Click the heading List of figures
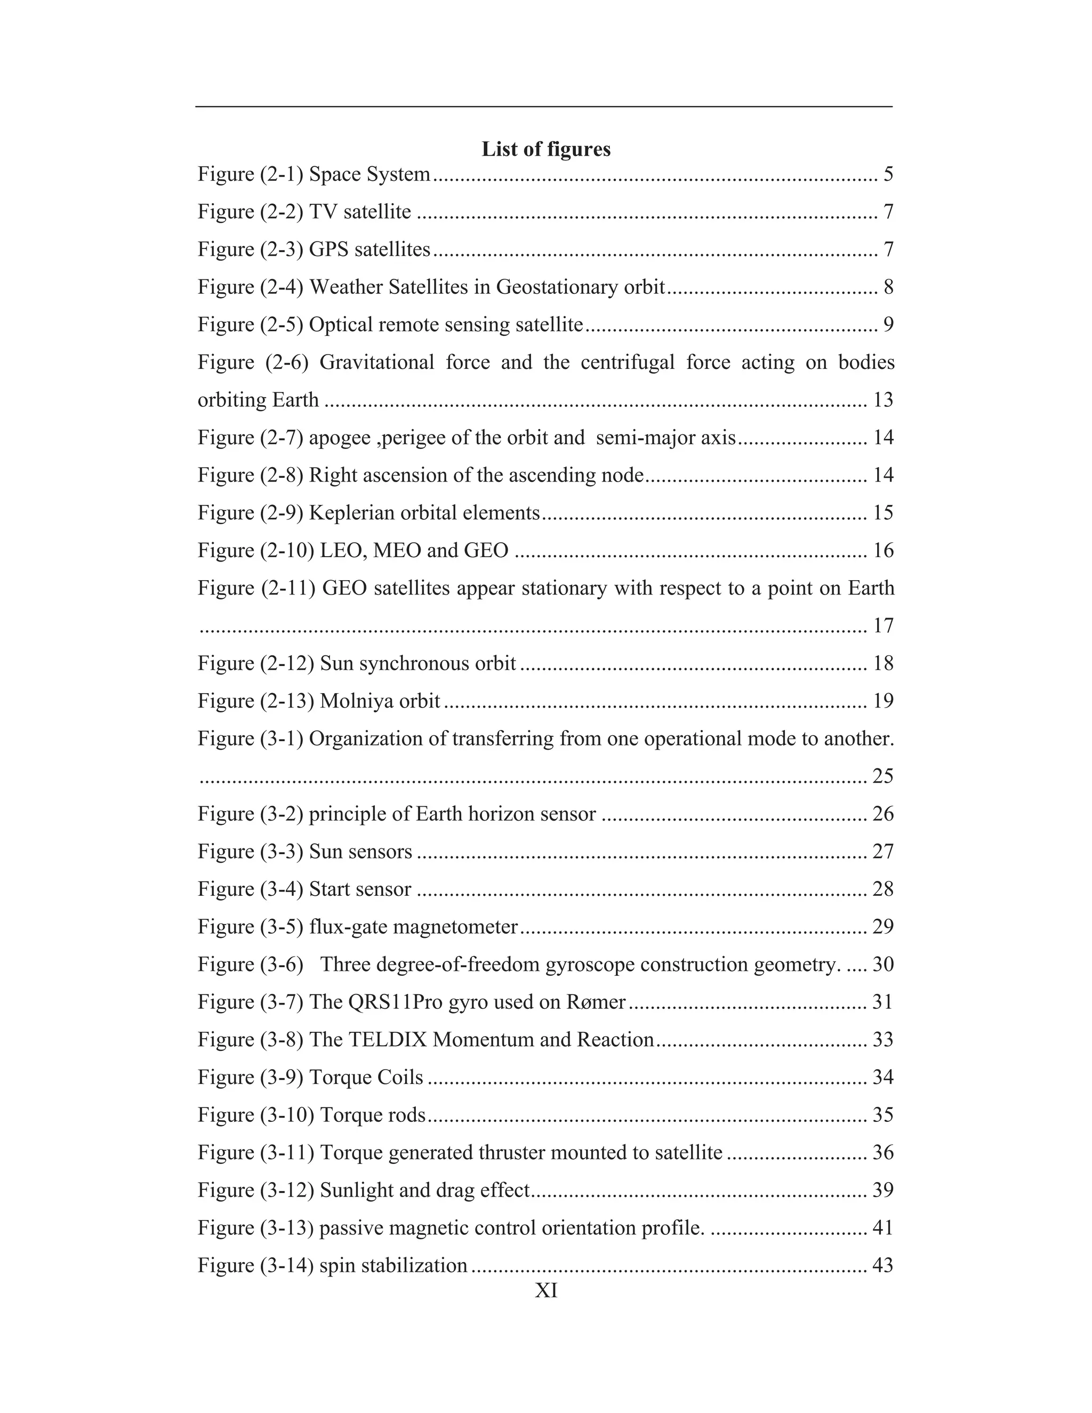(546, 149)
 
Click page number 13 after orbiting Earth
(883, 400)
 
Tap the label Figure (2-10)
(256, 551)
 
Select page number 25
(883, 776)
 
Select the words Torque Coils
(366, 1077)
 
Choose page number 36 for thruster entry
(883, 1152)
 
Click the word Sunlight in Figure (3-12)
(357, 1191)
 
